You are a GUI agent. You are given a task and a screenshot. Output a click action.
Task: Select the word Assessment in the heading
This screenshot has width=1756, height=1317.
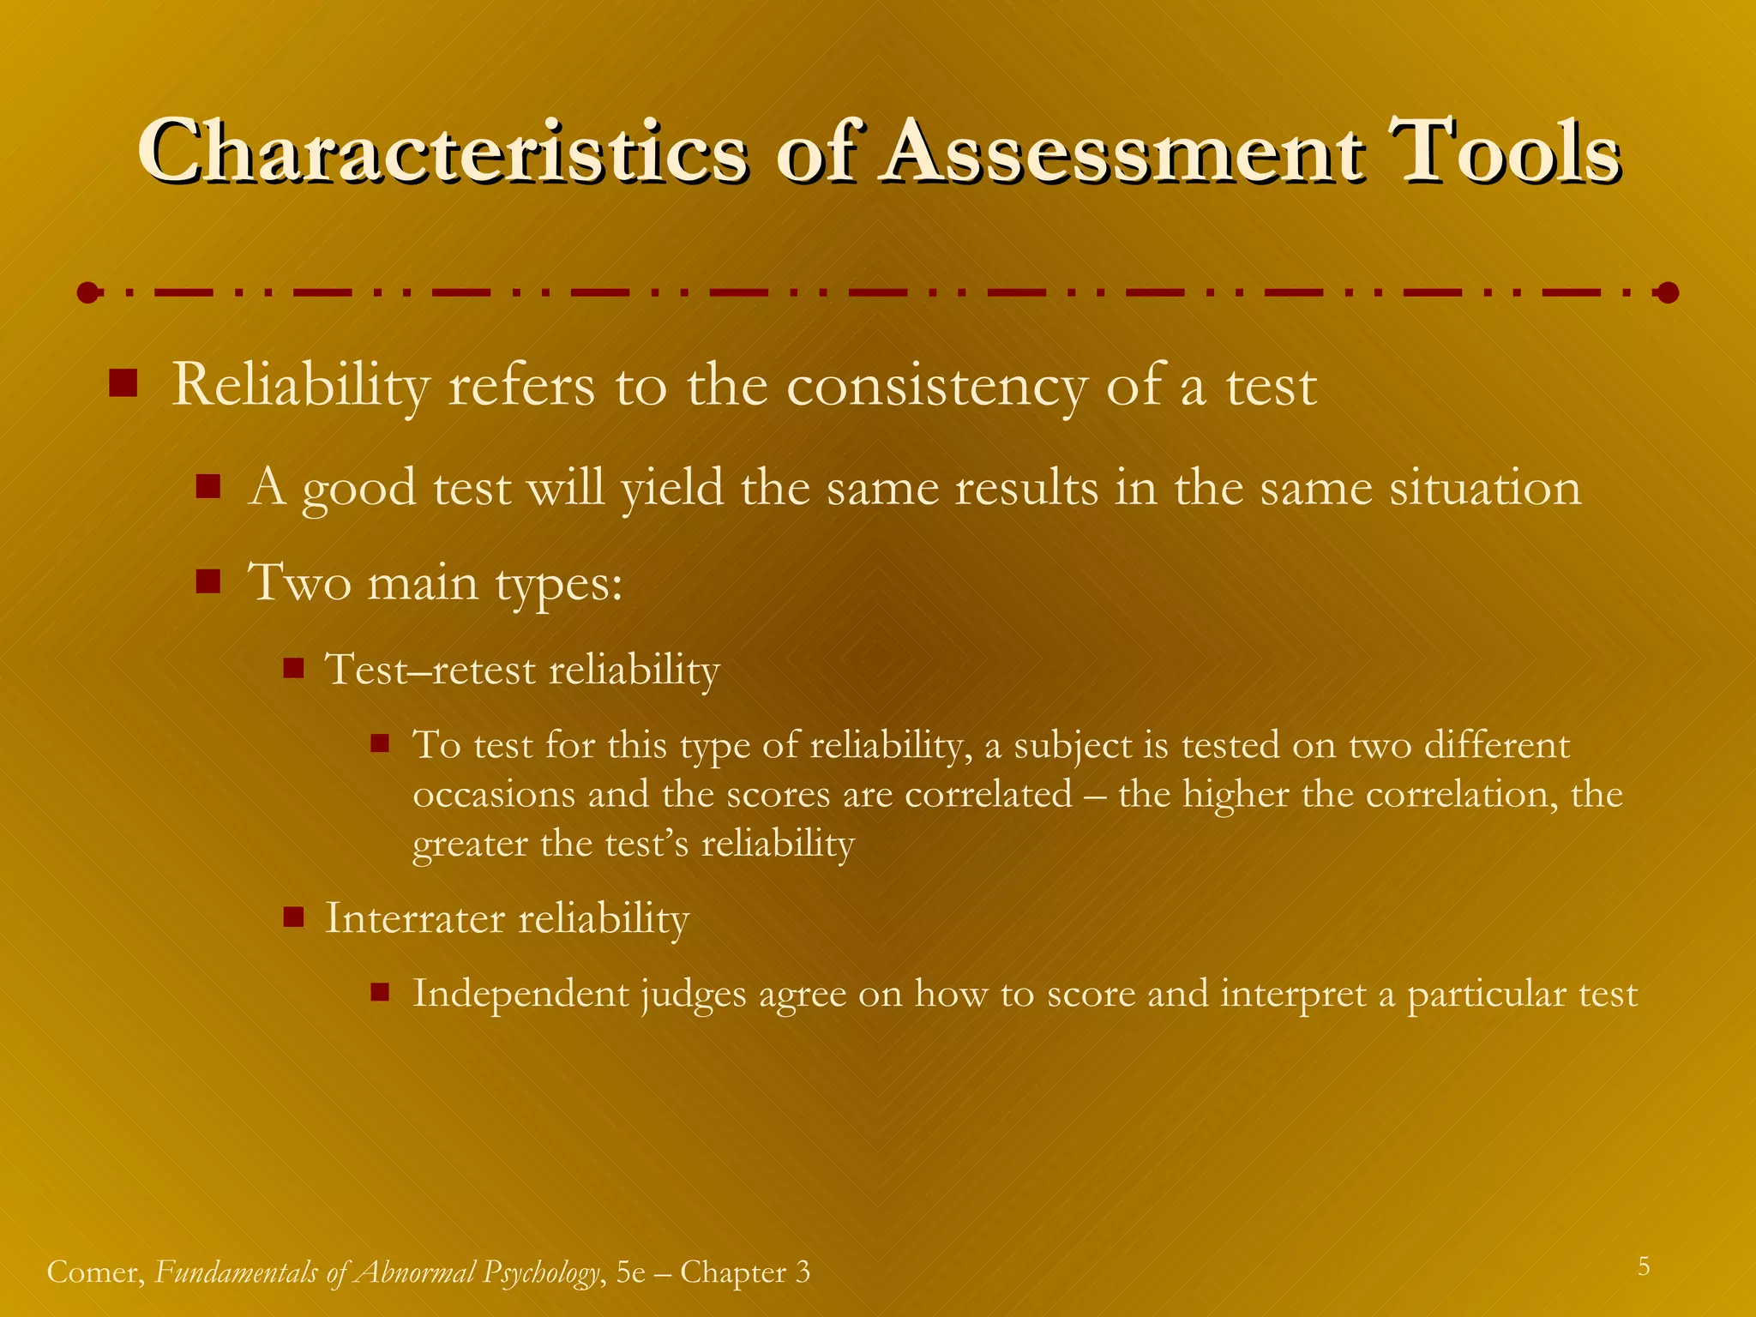pyautogui.click(x=1122, y=152)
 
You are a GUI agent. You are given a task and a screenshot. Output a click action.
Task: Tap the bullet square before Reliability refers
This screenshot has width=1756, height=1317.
pyautogui.click(x=123, y=383)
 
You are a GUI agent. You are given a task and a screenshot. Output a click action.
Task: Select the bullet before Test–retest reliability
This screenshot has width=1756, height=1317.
pyautogui.click(x=294, y=667)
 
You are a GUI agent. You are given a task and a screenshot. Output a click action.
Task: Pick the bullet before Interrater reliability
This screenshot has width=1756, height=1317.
pyautogui.click(x=294, y=917)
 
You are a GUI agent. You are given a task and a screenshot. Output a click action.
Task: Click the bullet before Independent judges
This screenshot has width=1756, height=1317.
pyautogui.click(x=381, y=993)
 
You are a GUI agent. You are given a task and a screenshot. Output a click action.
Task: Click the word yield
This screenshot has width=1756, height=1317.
pyautogui.click(x=672, y=489)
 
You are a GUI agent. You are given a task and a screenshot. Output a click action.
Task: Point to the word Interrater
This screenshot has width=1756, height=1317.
pyautogui.click(x=415, y=918)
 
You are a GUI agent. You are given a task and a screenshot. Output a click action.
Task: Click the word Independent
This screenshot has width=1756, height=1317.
pyautogui.click(x=520, y=995)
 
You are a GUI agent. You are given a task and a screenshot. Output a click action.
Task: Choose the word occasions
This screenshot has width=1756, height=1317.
pyautogui.click(x=494, y=795)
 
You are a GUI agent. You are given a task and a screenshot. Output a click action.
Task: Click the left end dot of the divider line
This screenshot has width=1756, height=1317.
pyautogui.click(x=87, y=293)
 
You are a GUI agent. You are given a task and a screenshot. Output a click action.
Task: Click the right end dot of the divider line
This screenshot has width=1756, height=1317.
pyautogui.click(x=1667, y=293)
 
